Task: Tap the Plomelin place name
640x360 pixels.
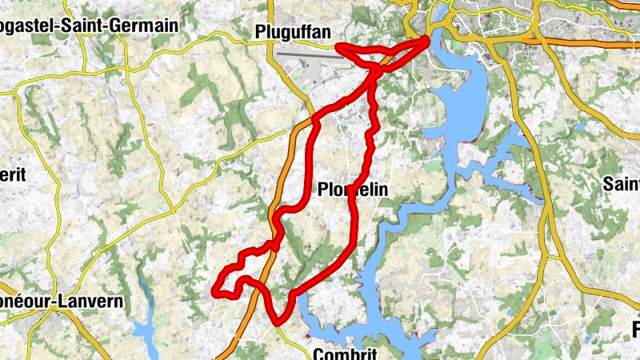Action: (x=353, y=190)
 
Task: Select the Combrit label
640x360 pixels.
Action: (x=345, y=353)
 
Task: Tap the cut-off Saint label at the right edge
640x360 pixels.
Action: (x=622, y=184)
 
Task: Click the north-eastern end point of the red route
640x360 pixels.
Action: (x=426, y=39)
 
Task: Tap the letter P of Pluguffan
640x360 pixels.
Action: (x=260, y=32)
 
